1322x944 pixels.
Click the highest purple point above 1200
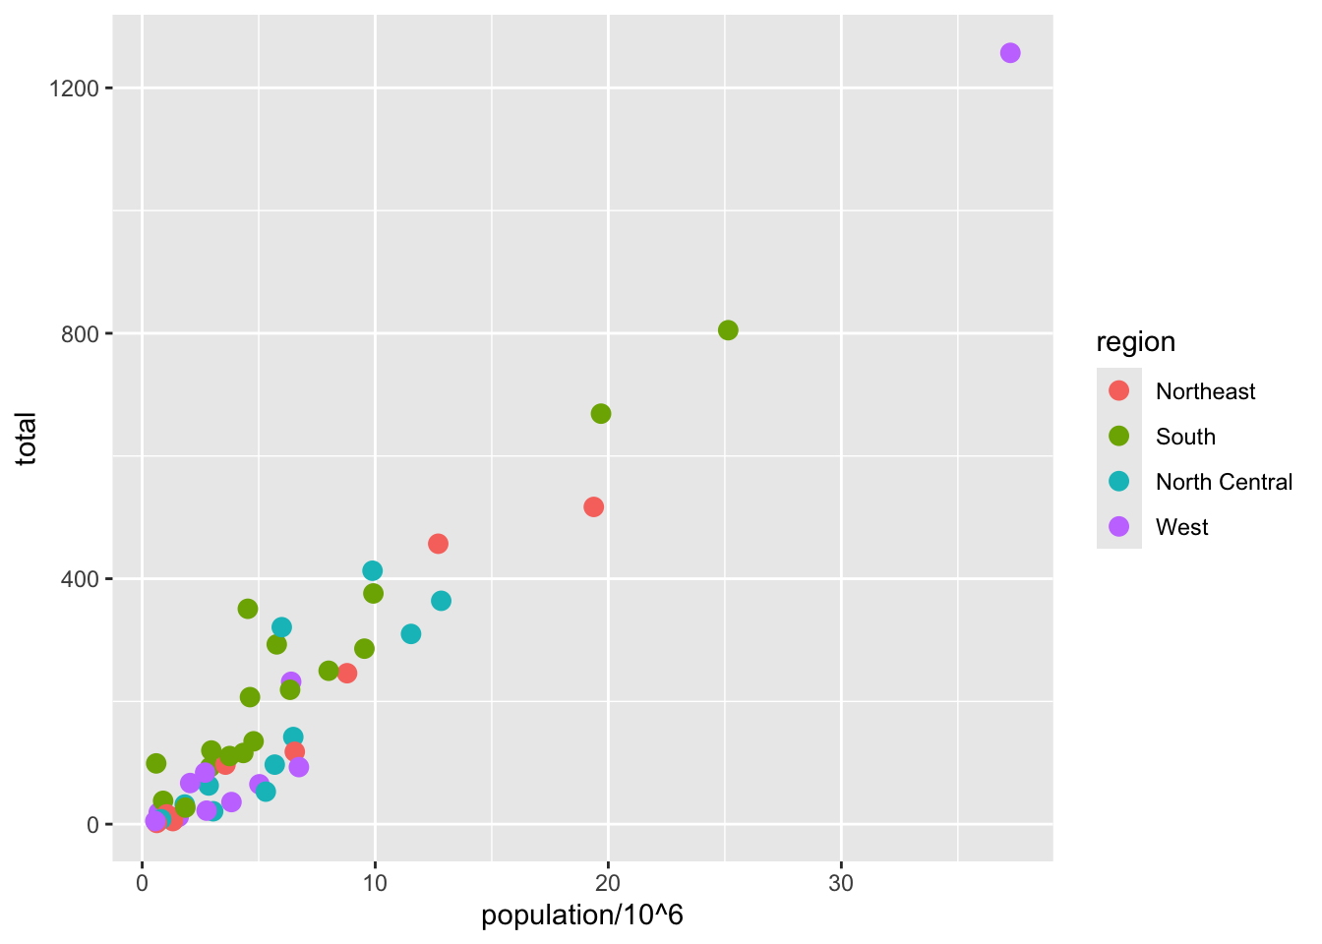pos(1010,53)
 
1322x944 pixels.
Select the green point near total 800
pos(728,330)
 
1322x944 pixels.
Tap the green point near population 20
pos(601,414)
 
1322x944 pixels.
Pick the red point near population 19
pos(593,507)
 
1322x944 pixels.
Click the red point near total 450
pos(438,544)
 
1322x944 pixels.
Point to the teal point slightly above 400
pos(372,571)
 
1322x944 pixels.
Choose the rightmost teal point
pos(441,601)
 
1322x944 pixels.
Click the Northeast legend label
pos(1205,391)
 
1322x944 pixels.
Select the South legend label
pos(1185,437)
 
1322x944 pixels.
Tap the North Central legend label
pos(1224,482)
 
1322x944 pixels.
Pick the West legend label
pos(1181,527)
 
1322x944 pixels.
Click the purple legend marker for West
pos(1119,527)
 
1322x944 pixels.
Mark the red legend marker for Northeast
pos(1119,391)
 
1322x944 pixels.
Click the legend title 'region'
pos(1136,342)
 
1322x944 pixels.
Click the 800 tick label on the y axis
pos(81,333)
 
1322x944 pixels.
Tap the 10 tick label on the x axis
pos(375,883)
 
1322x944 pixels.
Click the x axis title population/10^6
pos(582,915)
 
